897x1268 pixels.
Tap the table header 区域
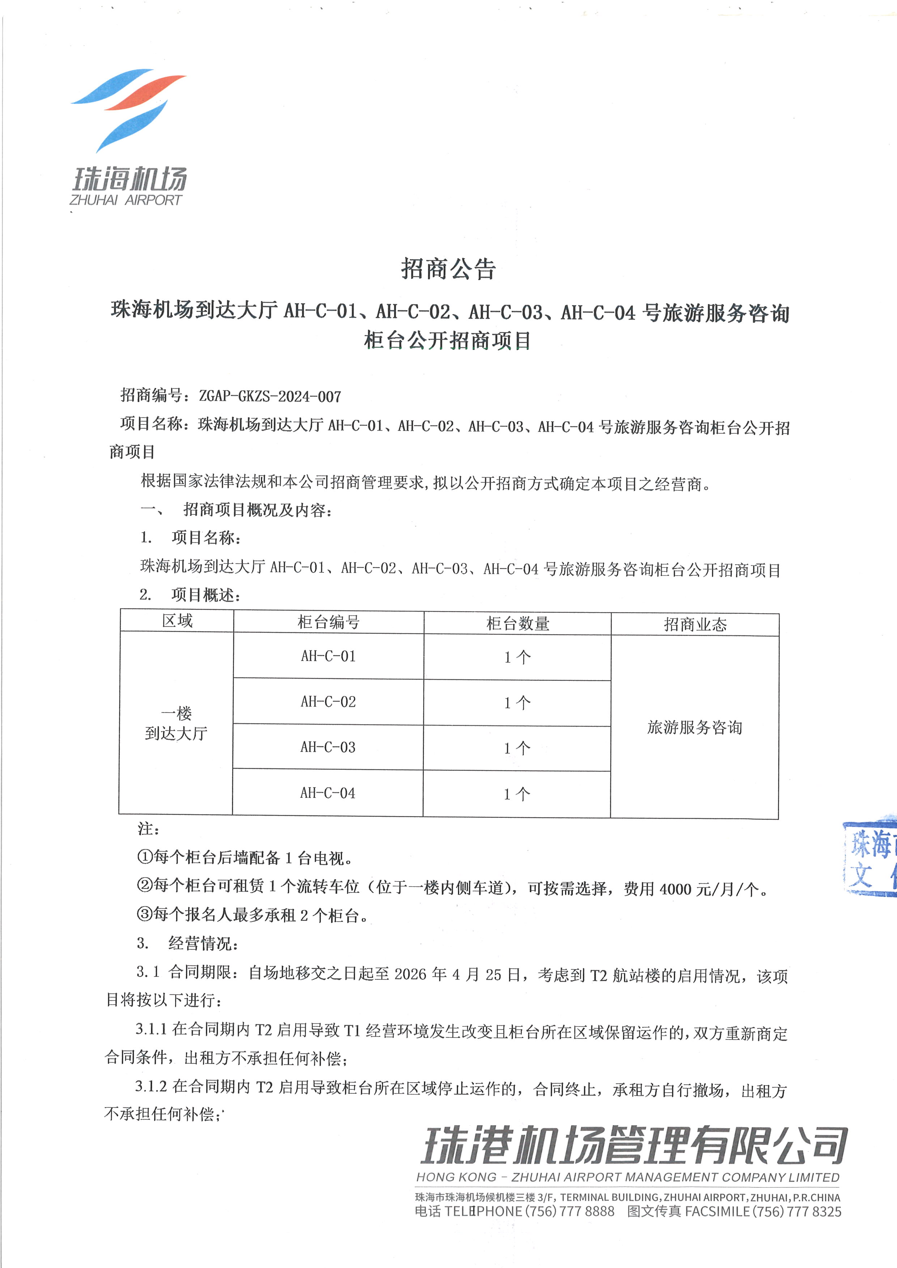pos(177,621)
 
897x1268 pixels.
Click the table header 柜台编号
pos(329,622)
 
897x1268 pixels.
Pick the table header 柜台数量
pos(518,623)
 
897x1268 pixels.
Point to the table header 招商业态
pos(695,625)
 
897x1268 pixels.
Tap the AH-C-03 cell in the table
pos(328,747)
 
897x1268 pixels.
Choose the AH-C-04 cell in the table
pos(328,793)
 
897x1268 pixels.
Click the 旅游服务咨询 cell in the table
pos(694,727)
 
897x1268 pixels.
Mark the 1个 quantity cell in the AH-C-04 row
pos(516,794)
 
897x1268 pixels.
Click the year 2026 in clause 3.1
pos(410,974)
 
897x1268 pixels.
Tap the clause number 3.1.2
pos(151,1086)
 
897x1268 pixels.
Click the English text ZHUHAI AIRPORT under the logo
pos(126,200)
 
